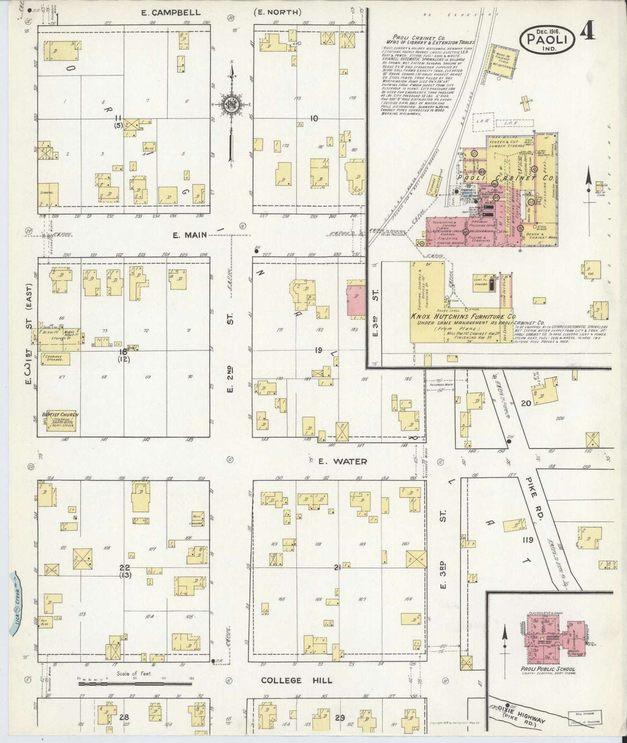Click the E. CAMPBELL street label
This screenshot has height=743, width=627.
(171, 13)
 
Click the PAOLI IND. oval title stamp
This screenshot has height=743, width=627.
(548, 39)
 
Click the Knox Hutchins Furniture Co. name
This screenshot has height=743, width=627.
(462, 317)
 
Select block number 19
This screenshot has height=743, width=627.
(319, 350)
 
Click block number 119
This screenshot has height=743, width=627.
(528, 540)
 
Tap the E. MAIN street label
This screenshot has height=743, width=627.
(189, 235)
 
